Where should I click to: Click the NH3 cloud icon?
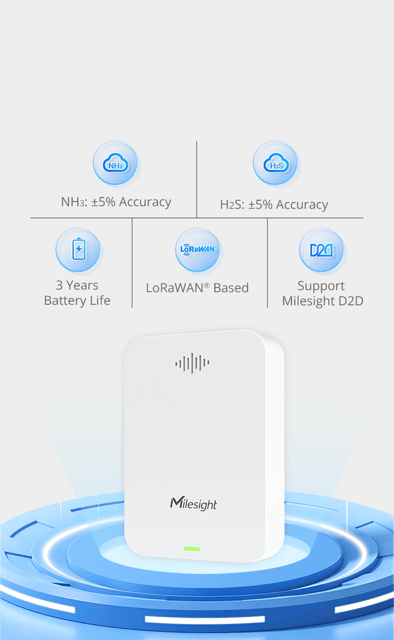click(x=115, y=164)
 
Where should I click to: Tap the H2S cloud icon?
click(x=275, y=164)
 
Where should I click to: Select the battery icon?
click(x=78, y=249)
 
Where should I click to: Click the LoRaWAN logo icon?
click(x=198, y=249)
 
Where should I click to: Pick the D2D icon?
click(x=322, y=250)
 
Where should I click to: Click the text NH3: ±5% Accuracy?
click(x=116, y=202)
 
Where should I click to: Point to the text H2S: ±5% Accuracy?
click(x=274, y=204)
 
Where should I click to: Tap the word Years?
click(x=83, y=285)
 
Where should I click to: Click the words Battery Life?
click(x=77, y=301)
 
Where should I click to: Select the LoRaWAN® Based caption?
click(x=197, y=288)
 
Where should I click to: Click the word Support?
click(x=321, y=286)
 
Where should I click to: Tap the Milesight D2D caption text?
click(x=322, y=301)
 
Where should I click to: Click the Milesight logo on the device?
click(x=193, y=504)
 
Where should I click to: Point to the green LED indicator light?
click(x=192, y=549)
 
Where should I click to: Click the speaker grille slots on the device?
click(x=192, y=362)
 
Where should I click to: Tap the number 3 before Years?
click(x=59, y=285)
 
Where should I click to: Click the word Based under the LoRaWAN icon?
click(x=231, y=288)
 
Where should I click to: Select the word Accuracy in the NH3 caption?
click(x=144, y=202)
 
